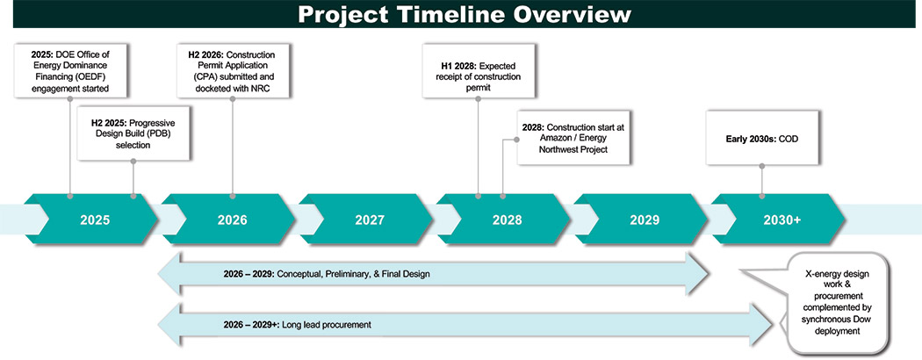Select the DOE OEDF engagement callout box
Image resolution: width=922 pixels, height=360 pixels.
[x=70, y=70]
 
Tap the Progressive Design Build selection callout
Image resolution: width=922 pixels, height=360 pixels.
[x=133, y=133]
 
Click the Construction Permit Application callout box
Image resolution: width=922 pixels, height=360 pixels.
[x=233, y=70]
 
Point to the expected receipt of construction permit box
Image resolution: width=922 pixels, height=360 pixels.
[x=478, y=70]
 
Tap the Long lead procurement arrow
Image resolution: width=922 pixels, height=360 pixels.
[x=465, y=325]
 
